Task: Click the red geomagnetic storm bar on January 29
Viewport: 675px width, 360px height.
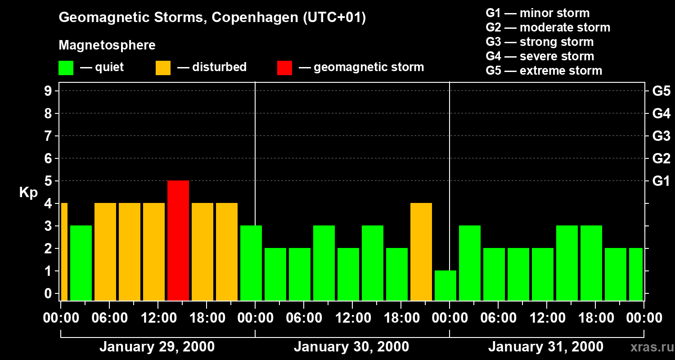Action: tap(178, 240)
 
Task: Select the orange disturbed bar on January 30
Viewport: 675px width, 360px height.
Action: tap(421, 252)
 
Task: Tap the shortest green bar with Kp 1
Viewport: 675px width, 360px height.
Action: tap(445, 285)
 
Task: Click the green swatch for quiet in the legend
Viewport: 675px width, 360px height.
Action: tap(66, 68)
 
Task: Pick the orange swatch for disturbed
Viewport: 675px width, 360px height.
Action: tap(163, 68)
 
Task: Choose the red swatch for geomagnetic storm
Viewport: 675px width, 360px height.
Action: tap(284, 68)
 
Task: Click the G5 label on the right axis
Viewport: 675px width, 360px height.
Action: tap(661, 91)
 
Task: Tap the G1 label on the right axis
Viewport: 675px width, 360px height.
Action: tap(661, 181)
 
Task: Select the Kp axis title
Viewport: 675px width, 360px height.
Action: tap(28, 193)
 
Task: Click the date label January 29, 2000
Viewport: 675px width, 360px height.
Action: tap(157, 347)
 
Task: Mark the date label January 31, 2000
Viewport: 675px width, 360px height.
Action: tap(545, 347)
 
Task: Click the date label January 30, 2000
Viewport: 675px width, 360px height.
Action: tap(351, 347)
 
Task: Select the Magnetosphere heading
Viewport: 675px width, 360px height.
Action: tap(107, 45)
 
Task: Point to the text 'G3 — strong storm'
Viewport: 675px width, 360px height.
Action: tap(539, 42)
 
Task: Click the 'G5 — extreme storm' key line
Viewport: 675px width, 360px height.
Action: tap(544, 71)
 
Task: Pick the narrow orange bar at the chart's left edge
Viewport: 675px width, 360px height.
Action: tap(64, 252)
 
